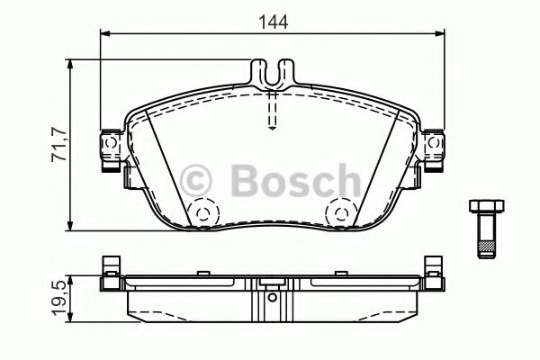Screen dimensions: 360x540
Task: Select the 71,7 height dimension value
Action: coord(58,144)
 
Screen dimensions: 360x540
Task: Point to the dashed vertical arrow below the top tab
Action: coord(273,112)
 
